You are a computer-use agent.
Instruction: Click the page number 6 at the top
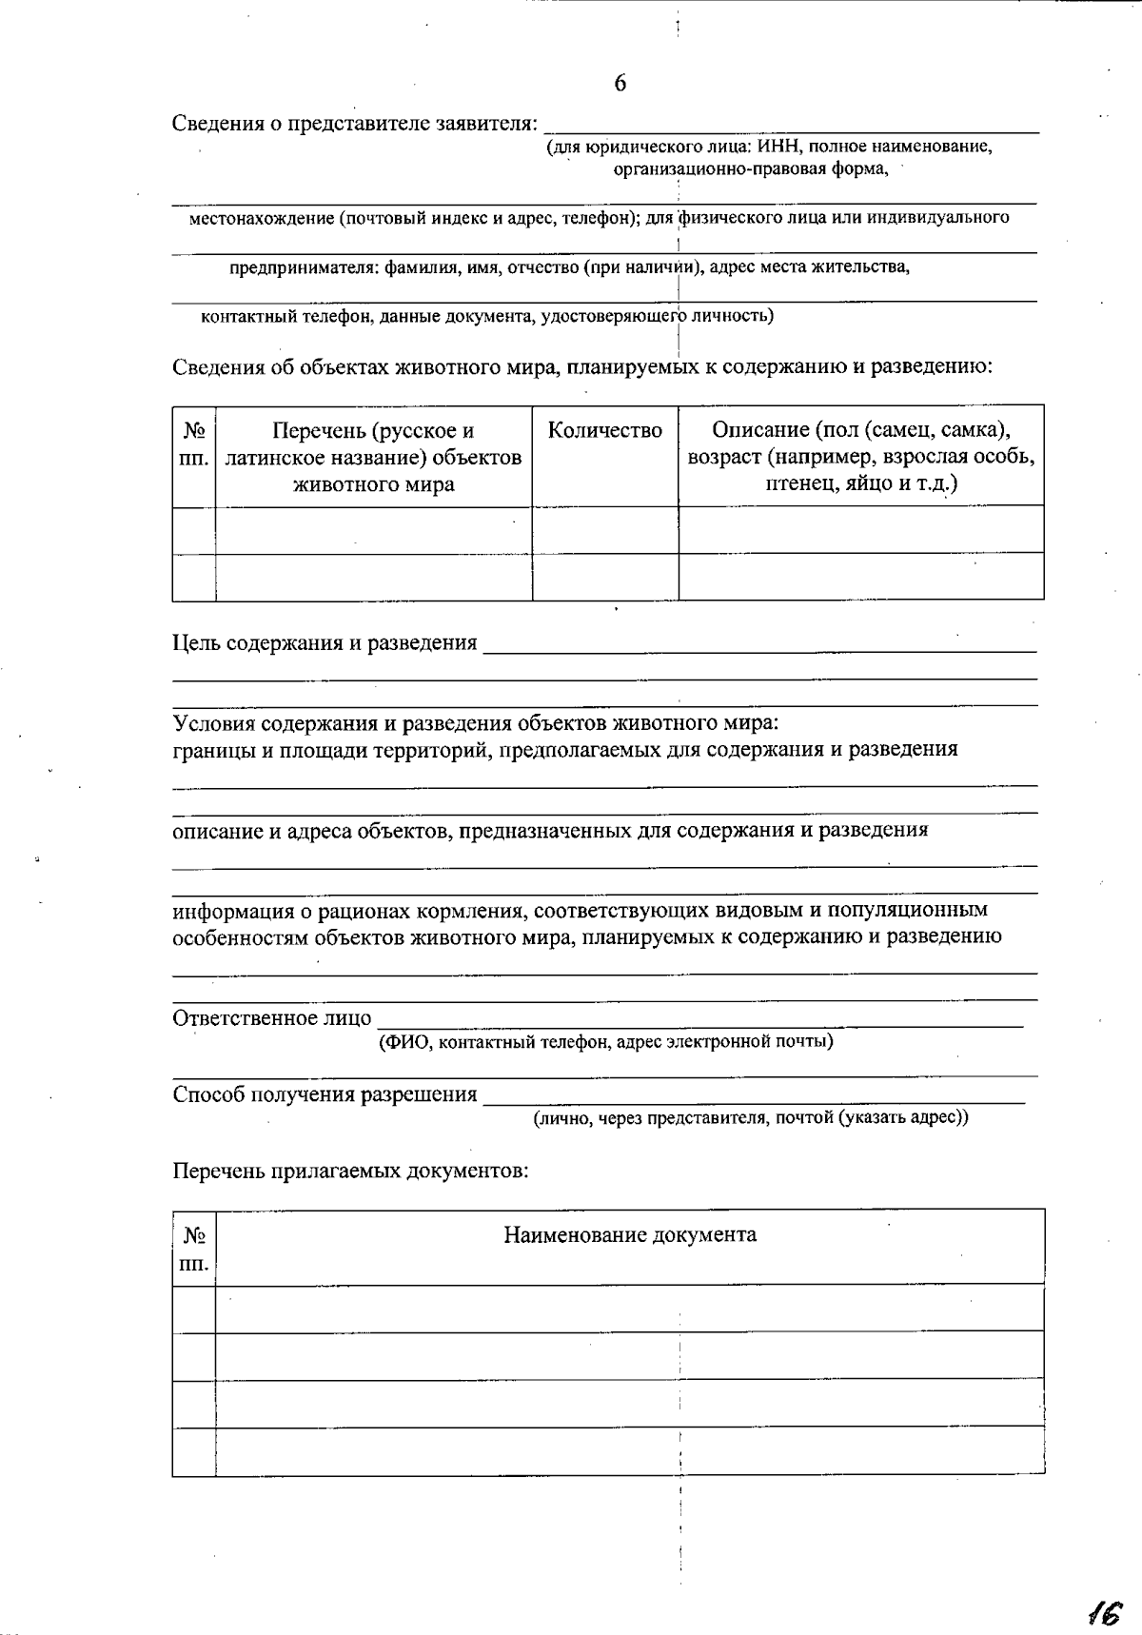click(x=620, y=84)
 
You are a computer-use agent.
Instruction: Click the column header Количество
click(x=604, y=431)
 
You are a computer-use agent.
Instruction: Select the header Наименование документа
click(x=630, y=1235)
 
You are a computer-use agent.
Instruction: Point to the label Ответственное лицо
click(x=271, y=1018)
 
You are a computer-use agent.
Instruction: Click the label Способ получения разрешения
click(x=325, y=1094)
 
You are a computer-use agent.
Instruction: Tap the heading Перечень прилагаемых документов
click(x=349, y=1171)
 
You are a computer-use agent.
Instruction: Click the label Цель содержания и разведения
click(x=325, y=643)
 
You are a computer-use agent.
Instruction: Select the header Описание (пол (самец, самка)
click(x=860, y=430)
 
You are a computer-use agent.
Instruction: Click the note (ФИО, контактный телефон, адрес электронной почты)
click(x=605, y=1042)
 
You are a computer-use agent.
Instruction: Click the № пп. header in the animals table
click(x=194, y=445)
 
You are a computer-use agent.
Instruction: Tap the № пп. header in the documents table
click(x=194, y=1250)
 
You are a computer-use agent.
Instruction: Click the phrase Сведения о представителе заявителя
click(x=354, y=124)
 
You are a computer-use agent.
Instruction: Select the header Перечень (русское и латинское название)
click(x=373, y=457)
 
